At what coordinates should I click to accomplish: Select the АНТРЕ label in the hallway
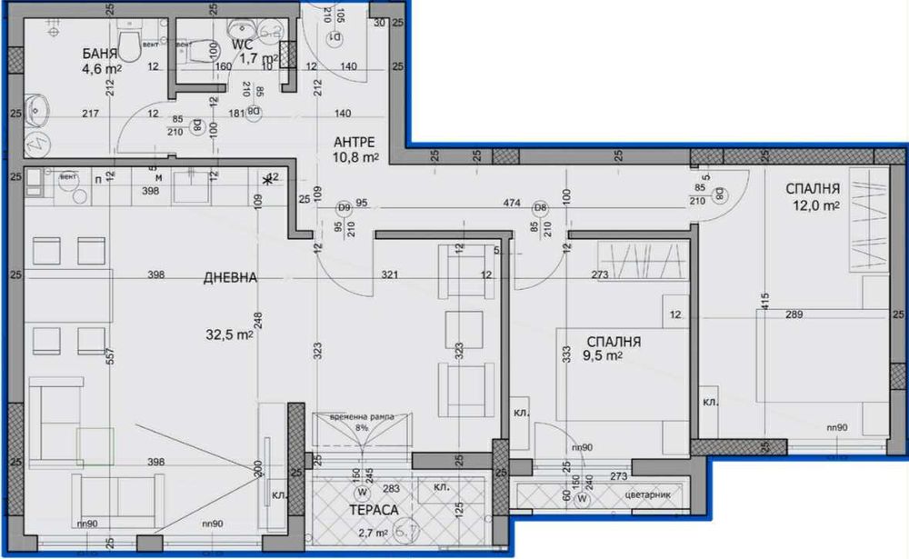(356, 141)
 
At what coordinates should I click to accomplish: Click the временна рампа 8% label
(363, 421)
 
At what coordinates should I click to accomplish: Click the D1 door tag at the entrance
(334, 37)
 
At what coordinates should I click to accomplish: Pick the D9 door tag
(345, 206)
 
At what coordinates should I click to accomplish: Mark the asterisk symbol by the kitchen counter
(268, 179)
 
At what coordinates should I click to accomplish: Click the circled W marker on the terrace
(362, 493)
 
